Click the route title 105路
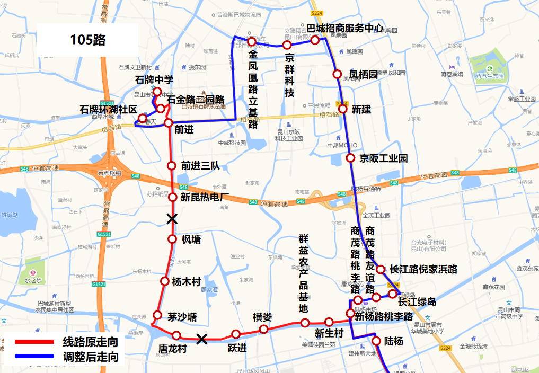(x=88, y=40)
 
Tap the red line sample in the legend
(x=34, y=342)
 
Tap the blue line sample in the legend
(x=34, y=356)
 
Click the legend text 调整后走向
(x=90, y=356)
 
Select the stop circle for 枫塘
(x=172, y=239)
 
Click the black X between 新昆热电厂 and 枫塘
(x=172, y=218)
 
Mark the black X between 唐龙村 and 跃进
(x=201, y=339)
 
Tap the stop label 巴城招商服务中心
(x=345, y=28)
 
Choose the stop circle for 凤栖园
(x=337, y=74)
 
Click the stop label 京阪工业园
(x=383, y=158)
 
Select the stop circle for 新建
(x=343, y=109)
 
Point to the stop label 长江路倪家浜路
(x=423, y=269)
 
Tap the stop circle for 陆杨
(x=376, y=341)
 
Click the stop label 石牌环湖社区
(x=108, y=109)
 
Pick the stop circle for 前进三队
(x=171, y=165)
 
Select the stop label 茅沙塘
(x=182, y=317)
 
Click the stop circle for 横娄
(x=263, y=329)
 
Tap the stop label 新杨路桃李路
(x=384, y=317)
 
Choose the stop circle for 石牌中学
(x=157, y=92)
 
